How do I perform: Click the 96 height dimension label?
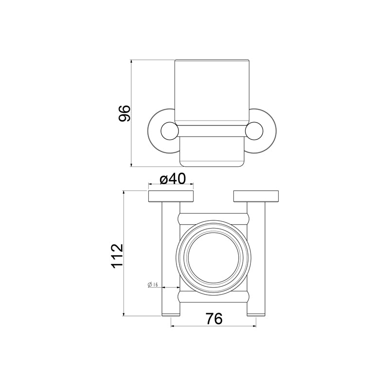pos(124,113)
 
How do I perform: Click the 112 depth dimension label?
pos(117,256)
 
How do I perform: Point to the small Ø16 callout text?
pos(153,284)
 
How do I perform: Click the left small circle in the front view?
pos(170,131)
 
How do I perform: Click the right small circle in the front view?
pos(254,131)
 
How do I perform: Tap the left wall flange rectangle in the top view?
pos(171,196)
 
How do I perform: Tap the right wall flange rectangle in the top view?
pos(256,196)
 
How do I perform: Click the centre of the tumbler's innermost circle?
pos(213,258)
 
